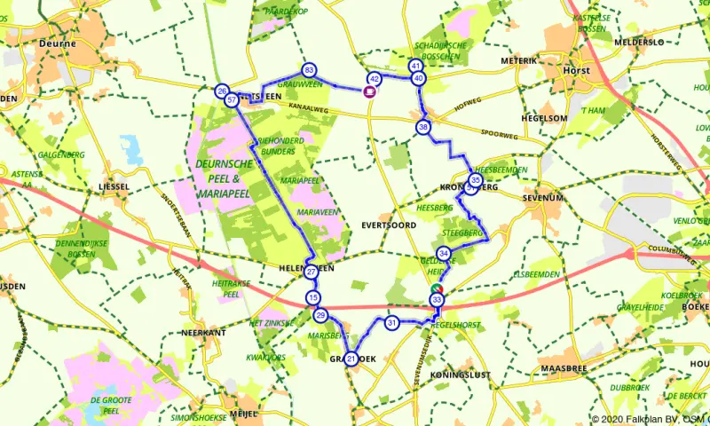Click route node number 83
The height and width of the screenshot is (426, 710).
pyautogui.click(x=309, y=69)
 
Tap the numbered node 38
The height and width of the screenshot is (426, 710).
pyautogui.click(x=423, y=127)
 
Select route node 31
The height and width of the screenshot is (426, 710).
pyautogui.click(x=391, y=323)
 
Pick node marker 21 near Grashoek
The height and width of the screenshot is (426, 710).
pyautogui.click(x=351, y=359)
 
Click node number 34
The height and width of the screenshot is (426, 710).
pyautogui.click(x=444, y=254)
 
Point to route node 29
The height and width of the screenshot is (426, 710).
pyautogui.click(x=320, y=315)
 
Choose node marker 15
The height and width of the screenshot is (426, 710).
pyautogui.click(x=312, y=296)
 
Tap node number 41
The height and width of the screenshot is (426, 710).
pyautogui.click(x=415, y=66)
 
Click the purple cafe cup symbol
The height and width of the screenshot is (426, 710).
pyautogui.click(x=369, y=90)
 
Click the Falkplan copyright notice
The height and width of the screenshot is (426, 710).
pyautogui.click(x=648, y=419)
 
